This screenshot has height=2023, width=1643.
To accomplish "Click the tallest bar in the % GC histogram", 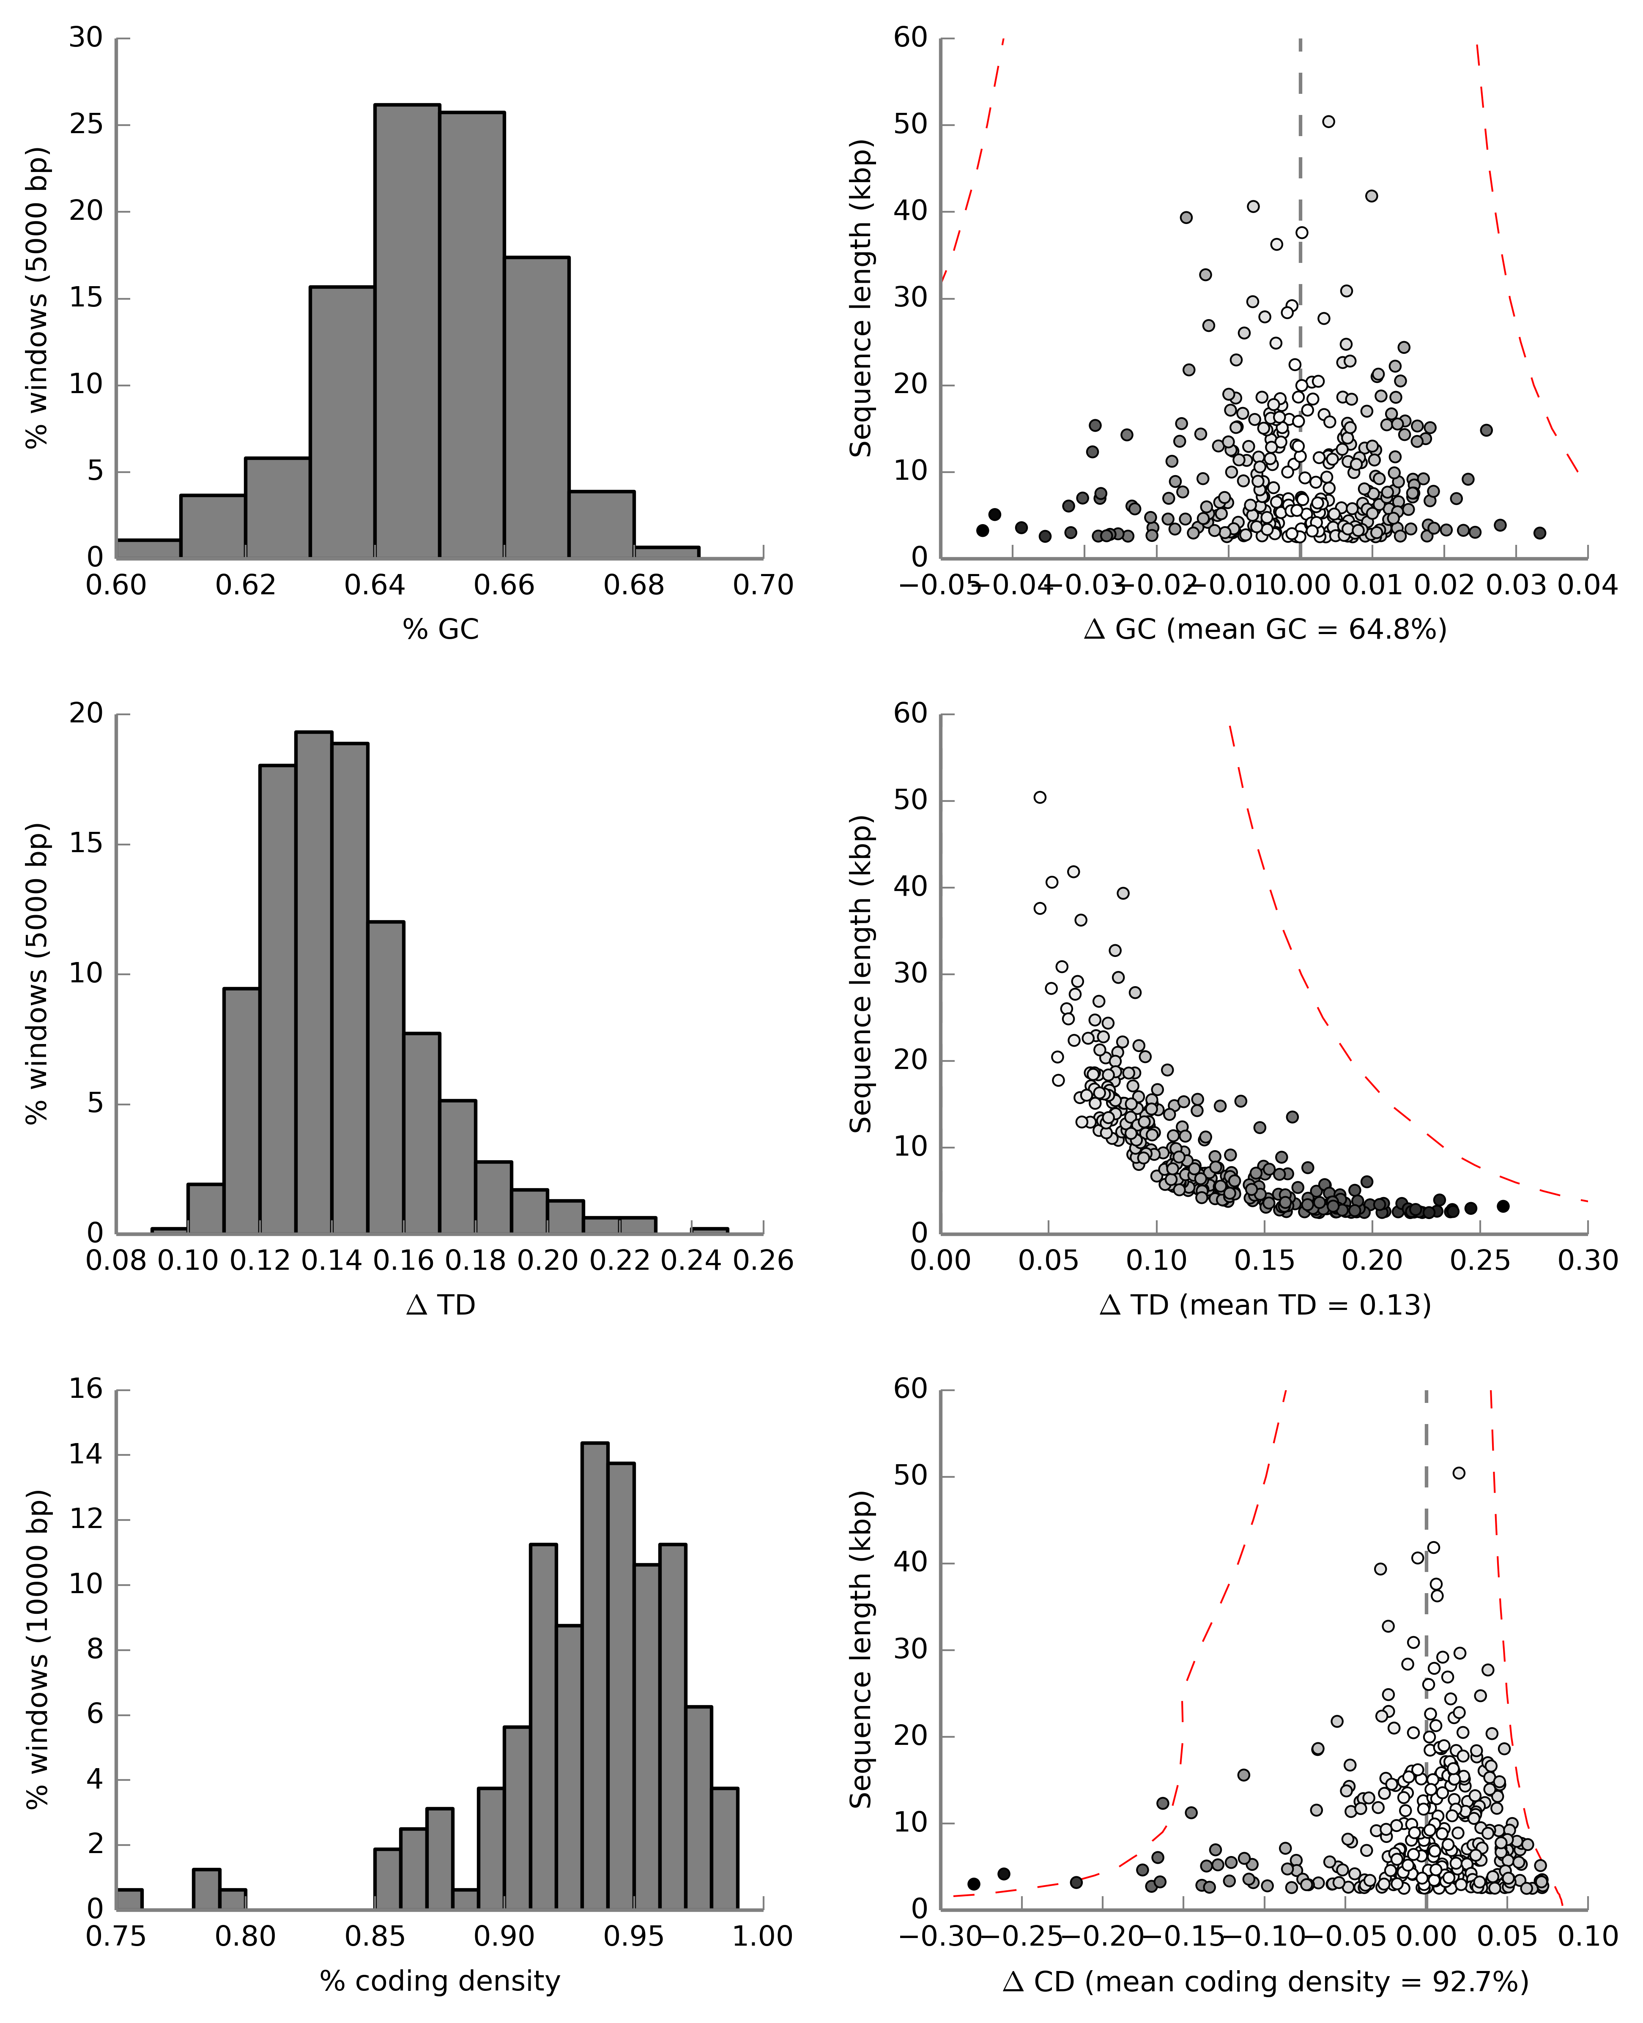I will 407,331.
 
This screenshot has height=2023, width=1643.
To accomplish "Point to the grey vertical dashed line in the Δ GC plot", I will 1301,284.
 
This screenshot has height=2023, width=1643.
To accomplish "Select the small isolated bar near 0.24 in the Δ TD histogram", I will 710,1230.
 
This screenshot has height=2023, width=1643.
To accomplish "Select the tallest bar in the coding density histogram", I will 594,1675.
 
